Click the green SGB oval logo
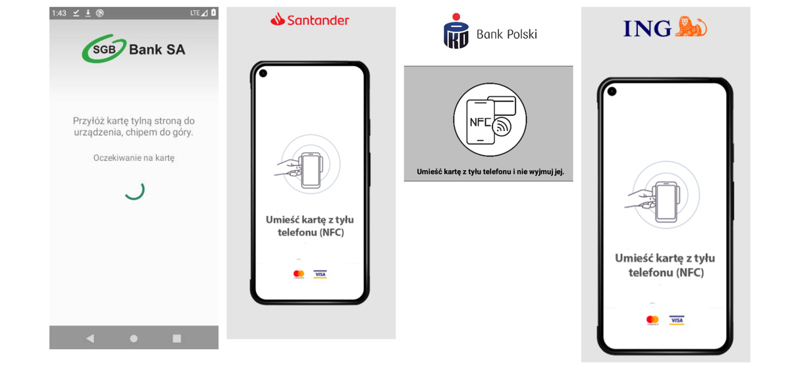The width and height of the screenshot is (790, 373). click(104, 49)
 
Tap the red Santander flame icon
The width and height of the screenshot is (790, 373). click(278, 19)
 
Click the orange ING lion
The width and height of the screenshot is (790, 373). click(691, 26)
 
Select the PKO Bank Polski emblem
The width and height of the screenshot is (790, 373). click(456, 31)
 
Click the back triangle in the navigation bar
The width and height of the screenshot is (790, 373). click(90, 339)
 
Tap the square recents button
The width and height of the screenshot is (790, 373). click(176, 339)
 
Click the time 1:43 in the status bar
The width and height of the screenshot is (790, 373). click(59, 13)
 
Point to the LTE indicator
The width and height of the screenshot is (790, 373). click(195, 13)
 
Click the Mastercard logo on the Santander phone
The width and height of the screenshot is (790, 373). click(299, 274)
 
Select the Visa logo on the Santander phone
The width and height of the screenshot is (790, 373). click(320, 274)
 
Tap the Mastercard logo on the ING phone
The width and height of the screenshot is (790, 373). click(652, 320)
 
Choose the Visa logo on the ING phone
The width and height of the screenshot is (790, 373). click(677, 320)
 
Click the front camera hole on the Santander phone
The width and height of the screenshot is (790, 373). click(263, 73)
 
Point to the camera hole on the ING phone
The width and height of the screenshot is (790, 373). click(612, 92)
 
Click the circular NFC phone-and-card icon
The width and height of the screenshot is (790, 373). click(490, 120)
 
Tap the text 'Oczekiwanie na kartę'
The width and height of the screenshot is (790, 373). click(134, 158)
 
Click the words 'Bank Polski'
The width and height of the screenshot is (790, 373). click(507, 34)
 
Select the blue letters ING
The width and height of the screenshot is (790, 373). click(648, 28)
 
